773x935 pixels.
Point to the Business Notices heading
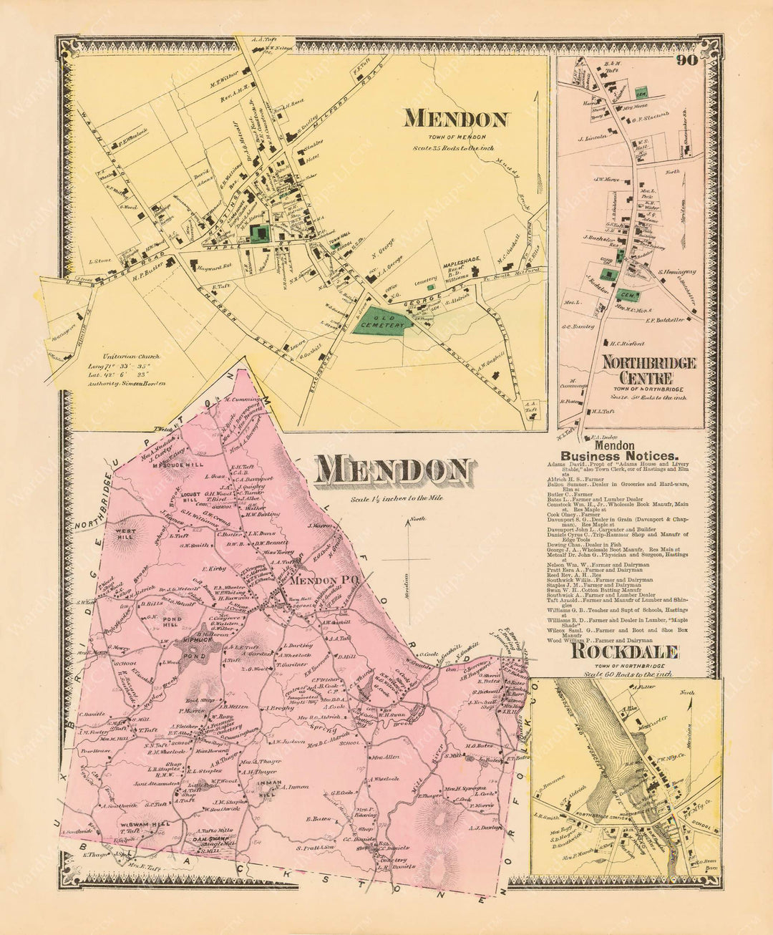[619, 455]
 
